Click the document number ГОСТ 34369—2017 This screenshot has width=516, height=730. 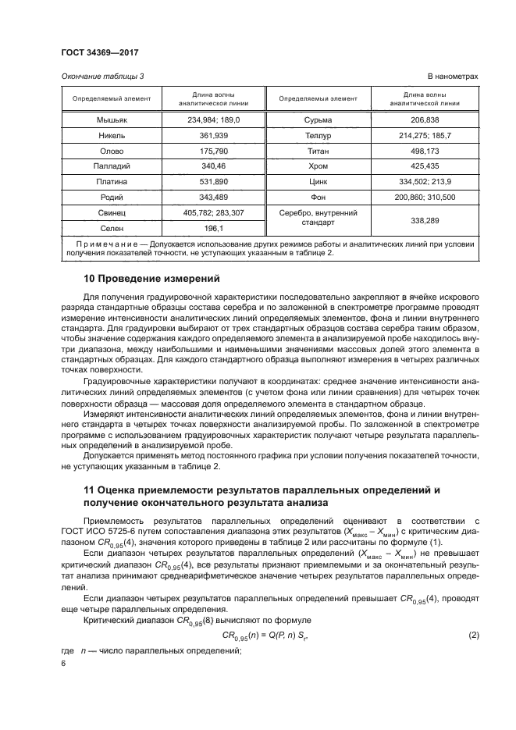coord(99,53)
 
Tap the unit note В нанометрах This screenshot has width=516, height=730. coord(452,76)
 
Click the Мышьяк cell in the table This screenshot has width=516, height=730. coord(112,120)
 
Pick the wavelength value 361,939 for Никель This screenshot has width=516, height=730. coord(213,135)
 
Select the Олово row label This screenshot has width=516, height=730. coord(112,151)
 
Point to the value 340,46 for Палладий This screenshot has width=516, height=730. coord(213,166)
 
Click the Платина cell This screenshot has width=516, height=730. coord(112,182)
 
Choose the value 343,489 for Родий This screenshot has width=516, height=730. coord(213,198)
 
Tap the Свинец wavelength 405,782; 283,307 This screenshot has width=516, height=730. coord(213,212)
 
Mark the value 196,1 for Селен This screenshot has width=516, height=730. coord(213,228)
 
